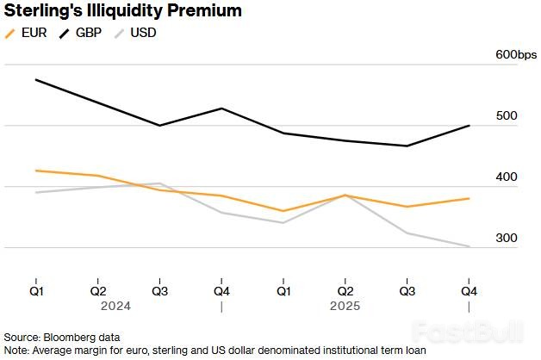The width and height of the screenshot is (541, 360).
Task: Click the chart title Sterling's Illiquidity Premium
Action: tap(122, 11)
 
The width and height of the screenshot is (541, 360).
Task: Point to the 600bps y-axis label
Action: tap(515, 55)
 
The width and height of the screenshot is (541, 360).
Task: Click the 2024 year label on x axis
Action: tap(115, 306)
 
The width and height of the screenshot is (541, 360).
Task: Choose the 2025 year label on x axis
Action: tap(345, 306)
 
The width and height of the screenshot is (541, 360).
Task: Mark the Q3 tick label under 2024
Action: tap(159, 290)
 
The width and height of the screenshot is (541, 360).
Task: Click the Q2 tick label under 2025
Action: tap(345, 290)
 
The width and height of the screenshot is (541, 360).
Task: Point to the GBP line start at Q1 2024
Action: tap(35, 79)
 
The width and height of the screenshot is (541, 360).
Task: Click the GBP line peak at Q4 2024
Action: tap(221, 109)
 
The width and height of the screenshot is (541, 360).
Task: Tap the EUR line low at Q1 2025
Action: tap(283, 211)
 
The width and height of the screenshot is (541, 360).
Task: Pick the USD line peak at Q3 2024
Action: tap(159, 183)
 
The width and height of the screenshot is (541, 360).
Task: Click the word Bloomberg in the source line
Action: tap(71, 337)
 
